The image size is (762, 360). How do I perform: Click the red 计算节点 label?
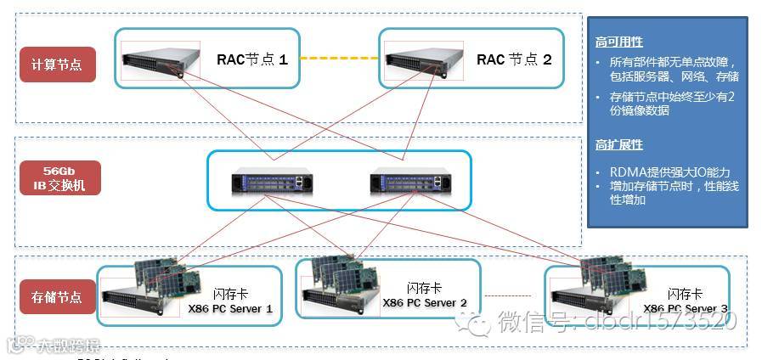(x=57, y=65)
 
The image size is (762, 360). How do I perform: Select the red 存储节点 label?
(x=57, y=297)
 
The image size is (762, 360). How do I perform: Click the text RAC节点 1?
(x=252, y=59)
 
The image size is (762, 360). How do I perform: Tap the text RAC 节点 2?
(x=514, y=59)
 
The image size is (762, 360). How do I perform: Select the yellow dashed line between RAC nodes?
(x=339, y=59)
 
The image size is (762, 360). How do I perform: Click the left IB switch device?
(x=271, y=182)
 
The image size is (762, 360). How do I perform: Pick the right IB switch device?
(x=406, y=182)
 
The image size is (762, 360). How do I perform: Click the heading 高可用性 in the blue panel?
(x=619, y=42)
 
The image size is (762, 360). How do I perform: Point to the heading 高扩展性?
(x=619, y=145)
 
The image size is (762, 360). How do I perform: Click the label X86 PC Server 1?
(x=230, y=309)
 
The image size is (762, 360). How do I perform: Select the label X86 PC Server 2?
(x=425, y=303)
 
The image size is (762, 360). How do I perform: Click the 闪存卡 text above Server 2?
(x=425, y=289)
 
